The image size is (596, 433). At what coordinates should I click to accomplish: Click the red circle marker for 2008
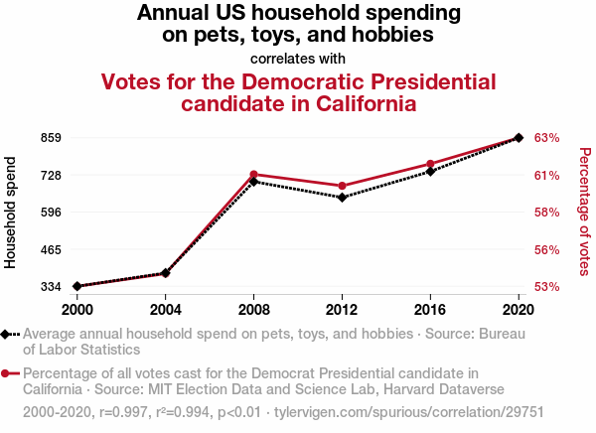[x=254, y=175]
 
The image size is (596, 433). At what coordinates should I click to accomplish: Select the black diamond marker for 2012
[x=342, y=198]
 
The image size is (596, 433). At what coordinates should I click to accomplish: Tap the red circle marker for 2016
[x=430, y=164]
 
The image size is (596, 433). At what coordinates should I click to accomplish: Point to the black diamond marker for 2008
[x=254, y=182]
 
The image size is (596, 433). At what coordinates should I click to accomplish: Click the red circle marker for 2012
[x=342, y=186]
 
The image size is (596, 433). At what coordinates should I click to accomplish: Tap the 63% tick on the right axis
[x=548, y=137]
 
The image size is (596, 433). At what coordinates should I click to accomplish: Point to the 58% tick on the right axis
[x=548, y=212]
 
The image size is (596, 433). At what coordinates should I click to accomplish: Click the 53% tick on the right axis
[x=548, y=286]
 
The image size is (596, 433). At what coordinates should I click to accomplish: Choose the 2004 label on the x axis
[x=166, y=309]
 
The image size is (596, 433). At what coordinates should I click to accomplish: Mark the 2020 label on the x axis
[x=519, y=309]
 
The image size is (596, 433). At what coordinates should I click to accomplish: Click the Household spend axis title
[x=12, y=212]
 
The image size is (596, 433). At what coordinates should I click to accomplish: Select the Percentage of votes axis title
[x=584, y=212]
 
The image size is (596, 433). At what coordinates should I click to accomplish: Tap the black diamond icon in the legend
[x=6, y=334]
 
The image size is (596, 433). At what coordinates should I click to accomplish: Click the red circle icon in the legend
[x=6, y=373]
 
